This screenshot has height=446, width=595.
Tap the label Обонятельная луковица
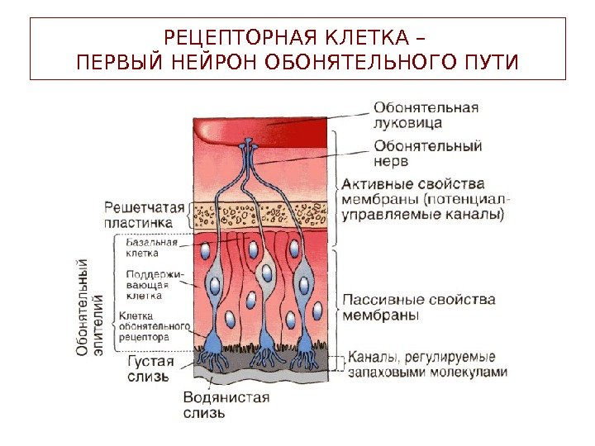tap(426, 115)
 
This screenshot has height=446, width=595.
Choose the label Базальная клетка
tap(152, 249)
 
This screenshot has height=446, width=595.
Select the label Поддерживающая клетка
tap(155, 284)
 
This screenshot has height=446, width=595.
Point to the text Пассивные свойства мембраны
tap(418, 306)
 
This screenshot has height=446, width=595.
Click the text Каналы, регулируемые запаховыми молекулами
tap(426, 365)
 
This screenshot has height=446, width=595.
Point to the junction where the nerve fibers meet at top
tap(248, 149)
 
